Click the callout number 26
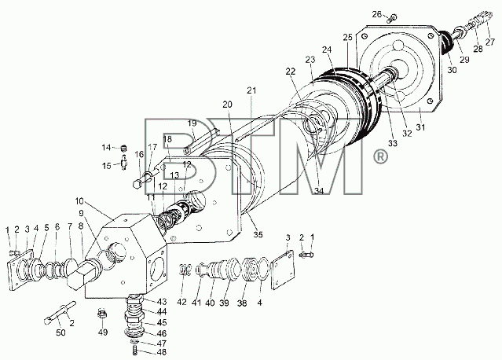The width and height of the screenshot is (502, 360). (x=377, y=14)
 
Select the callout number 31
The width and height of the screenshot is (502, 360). (x=420, y=127)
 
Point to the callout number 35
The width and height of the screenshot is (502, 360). (x=258, y=234)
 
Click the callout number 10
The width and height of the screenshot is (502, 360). (x=79, y=201)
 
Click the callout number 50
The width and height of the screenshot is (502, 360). (x=60, y=332)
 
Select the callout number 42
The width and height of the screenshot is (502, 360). (x=181, y=302)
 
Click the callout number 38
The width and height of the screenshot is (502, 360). (x=242, y=303)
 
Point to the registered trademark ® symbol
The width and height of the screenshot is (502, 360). (x=380, y=157)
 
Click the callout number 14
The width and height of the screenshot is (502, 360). (x=106, y=147)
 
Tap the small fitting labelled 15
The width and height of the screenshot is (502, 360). (x=124, y=163)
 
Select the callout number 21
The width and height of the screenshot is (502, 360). (x=251, y=90)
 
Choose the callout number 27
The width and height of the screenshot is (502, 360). (x=490, y=42)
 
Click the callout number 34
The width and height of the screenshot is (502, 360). (x=318, y=191)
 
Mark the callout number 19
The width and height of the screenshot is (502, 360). (x=192, y=123)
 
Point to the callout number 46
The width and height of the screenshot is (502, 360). (x=162, y=333)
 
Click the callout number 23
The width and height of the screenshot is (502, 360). (x=310, y=60)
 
